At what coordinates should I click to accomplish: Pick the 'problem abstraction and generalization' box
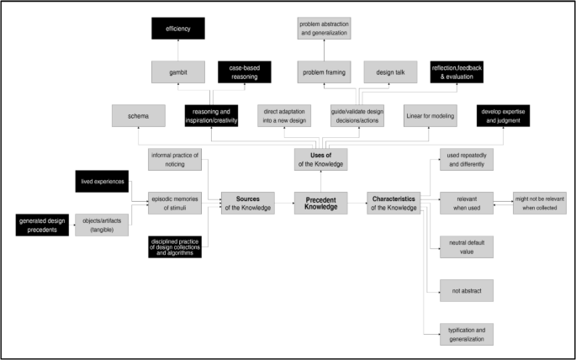click(324, 29)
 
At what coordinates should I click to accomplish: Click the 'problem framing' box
click(324, 72)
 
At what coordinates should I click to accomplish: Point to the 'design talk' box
click(390, 72)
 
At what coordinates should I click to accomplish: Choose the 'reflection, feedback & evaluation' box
click(457, 72)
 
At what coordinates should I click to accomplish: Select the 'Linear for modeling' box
click(429, 117)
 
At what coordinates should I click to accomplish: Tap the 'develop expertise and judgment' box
click(502, 117)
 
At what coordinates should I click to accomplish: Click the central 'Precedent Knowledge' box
click(321, 202)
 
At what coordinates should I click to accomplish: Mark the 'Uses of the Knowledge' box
click(320, 158)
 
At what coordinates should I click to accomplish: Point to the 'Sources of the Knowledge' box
click(247, 202)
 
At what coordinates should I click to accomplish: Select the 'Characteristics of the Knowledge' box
click(394, 202)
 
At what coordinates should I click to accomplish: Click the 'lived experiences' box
click(100, 183)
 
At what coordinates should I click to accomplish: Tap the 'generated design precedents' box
click(41, 225)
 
